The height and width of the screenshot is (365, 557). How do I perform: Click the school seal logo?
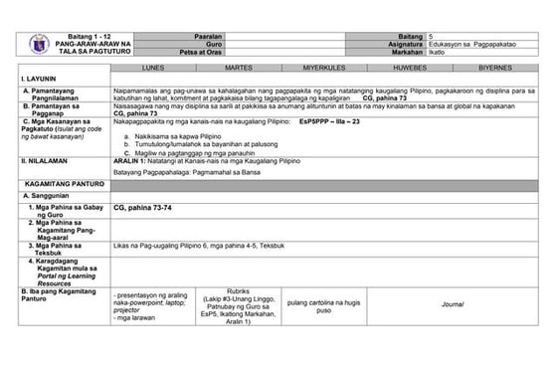tap(34, 44)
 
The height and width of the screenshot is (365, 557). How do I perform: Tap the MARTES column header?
tap(238, 68)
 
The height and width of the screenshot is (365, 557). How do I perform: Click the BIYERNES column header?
tap(496, 68)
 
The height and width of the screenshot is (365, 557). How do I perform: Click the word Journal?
tap(453, 302)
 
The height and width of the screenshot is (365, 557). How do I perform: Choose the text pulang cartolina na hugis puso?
tap(322, 306)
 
